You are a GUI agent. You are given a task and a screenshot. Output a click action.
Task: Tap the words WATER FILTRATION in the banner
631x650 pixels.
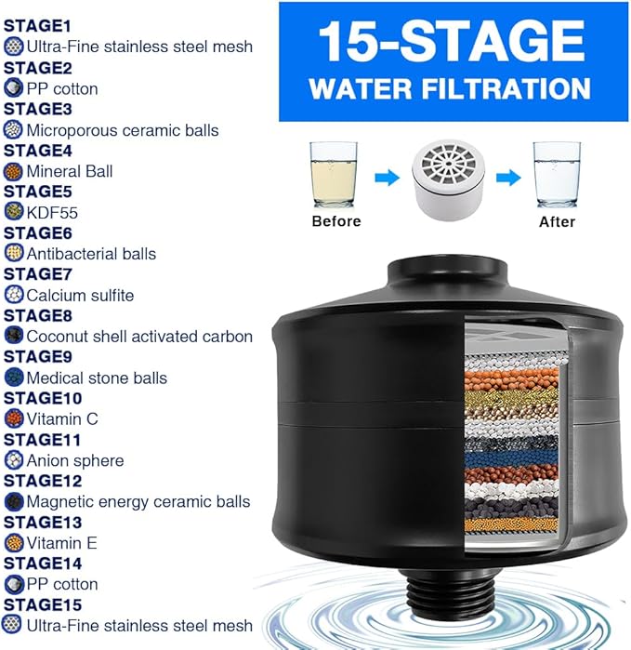(x=451, y=88)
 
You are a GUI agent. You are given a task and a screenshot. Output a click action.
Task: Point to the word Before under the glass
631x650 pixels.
(x=336, y=221)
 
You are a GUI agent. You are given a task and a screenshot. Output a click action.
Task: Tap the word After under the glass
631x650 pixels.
(x=558, y=221)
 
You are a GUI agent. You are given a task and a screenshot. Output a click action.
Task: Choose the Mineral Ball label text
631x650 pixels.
(x=70, y=171)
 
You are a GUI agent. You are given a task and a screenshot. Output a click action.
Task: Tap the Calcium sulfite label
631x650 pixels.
(x=80, y=295)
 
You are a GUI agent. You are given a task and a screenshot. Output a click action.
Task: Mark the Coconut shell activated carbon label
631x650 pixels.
(x=139, y=336)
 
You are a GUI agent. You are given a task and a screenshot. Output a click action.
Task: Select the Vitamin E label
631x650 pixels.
(x=61, y=542)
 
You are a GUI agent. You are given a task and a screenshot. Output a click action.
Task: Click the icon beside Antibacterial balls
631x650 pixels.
(x=13, y=253)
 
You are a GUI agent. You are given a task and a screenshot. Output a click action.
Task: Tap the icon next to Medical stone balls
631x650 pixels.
(x=13, y=377)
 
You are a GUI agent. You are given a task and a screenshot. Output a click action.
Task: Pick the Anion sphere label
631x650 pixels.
(x=74, y=459)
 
